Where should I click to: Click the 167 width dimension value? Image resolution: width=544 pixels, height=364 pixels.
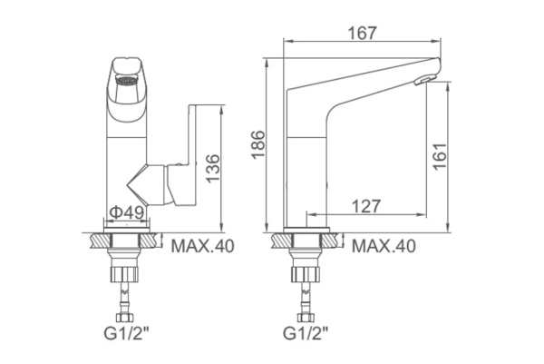tap(362, 33)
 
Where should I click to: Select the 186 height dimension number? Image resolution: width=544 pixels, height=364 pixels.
tap(258, 144)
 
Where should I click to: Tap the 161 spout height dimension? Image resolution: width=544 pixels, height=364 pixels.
tap(439, 156)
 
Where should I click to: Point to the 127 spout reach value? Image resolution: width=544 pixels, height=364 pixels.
tap(366, 206)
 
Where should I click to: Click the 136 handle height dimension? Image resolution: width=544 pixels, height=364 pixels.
tap(213, 168)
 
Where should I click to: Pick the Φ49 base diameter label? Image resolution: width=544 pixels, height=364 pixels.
tap(127, 212)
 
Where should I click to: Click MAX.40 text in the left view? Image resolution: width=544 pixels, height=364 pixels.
tap(202, 246)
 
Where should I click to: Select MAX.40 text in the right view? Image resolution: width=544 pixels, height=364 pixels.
tap(384, 246)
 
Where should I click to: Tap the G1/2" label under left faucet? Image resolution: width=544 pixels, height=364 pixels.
tap(126, 334)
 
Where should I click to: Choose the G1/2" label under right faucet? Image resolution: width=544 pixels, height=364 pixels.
tap(306, 334)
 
